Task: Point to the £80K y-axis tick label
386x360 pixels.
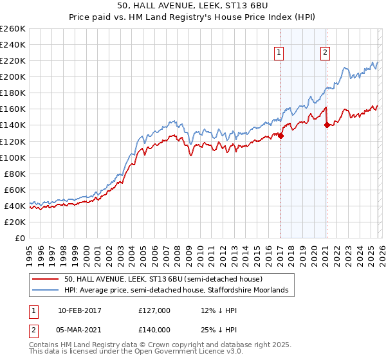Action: (14, 174)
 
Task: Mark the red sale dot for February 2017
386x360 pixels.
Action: (281, 135)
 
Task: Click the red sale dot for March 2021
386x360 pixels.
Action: (327, 125)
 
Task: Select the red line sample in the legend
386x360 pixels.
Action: (46, 280)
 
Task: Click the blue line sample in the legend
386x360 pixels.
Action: (46, 291)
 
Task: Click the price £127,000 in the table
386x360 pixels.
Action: (154, 310)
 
